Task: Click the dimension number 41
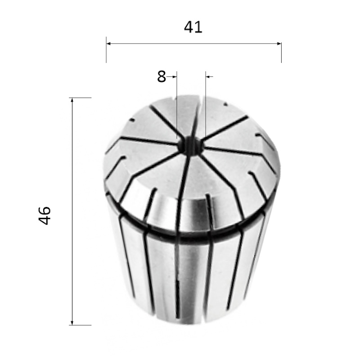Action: coord(193,27)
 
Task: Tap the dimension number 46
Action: coord(45,216)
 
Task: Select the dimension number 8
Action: coord(162,76)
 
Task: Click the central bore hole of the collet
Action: coord(190,145)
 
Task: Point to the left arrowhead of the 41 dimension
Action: coord(109,43)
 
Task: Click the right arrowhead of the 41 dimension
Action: coord(279,43)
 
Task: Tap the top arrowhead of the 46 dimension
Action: coord(72,100)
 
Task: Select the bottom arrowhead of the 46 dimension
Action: coord(72,322)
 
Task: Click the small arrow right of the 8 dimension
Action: coord(209,76)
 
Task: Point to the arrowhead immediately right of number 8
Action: coord(174,76)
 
